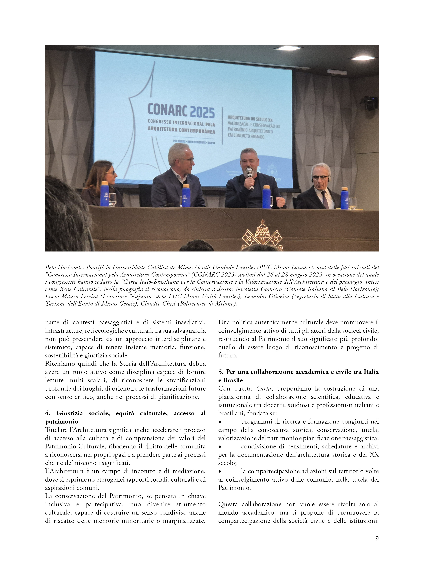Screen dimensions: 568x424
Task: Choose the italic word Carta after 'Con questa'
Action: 264,388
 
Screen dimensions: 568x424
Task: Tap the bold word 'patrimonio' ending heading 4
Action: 62,422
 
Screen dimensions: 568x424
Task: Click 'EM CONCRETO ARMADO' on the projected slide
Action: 246,136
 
